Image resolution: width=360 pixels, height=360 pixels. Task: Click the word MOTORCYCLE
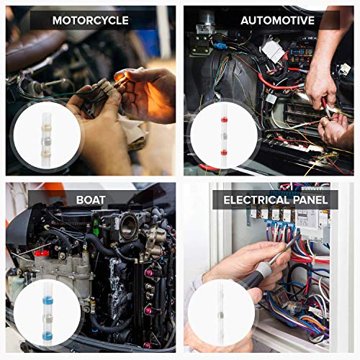tap(90, 20)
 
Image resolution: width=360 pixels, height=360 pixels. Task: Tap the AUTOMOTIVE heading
tap(276, 20)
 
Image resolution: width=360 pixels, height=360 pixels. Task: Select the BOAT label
tap(90, 200)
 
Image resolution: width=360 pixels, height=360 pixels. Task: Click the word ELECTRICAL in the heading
tap(256, 200)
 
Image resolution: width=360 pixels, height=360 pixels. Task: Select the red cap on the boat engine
tap(42, 253)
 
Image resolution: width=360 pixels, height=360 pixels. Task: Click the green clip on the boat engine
tap(95, 223)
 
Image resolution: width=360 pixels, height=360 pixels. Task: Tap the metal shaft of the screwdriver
tap(286, 248)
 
